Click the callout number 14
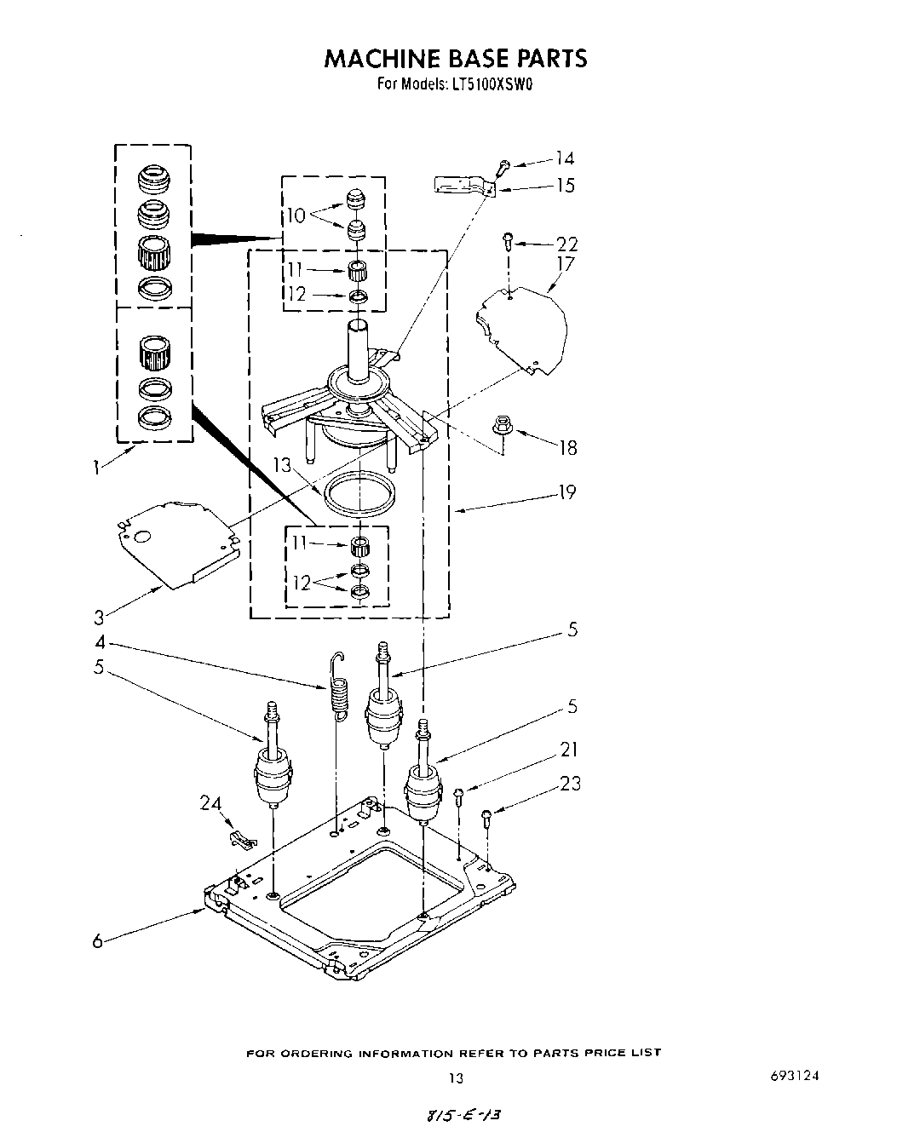(x=564, y=158)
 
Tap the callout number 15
(x=565, y=186)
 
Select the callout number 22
(x=566, y=245)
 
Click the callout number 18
(x=567, y=447)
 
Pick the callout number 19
(x=566, y=492)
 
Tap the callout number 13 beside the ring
(x=283, y=465)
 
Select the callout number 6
(x=98, y=940)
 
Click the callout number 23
(x=569, y=783)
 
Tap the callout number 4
(x=100, y=643)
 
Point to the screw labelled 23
(x=487, y=820)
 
